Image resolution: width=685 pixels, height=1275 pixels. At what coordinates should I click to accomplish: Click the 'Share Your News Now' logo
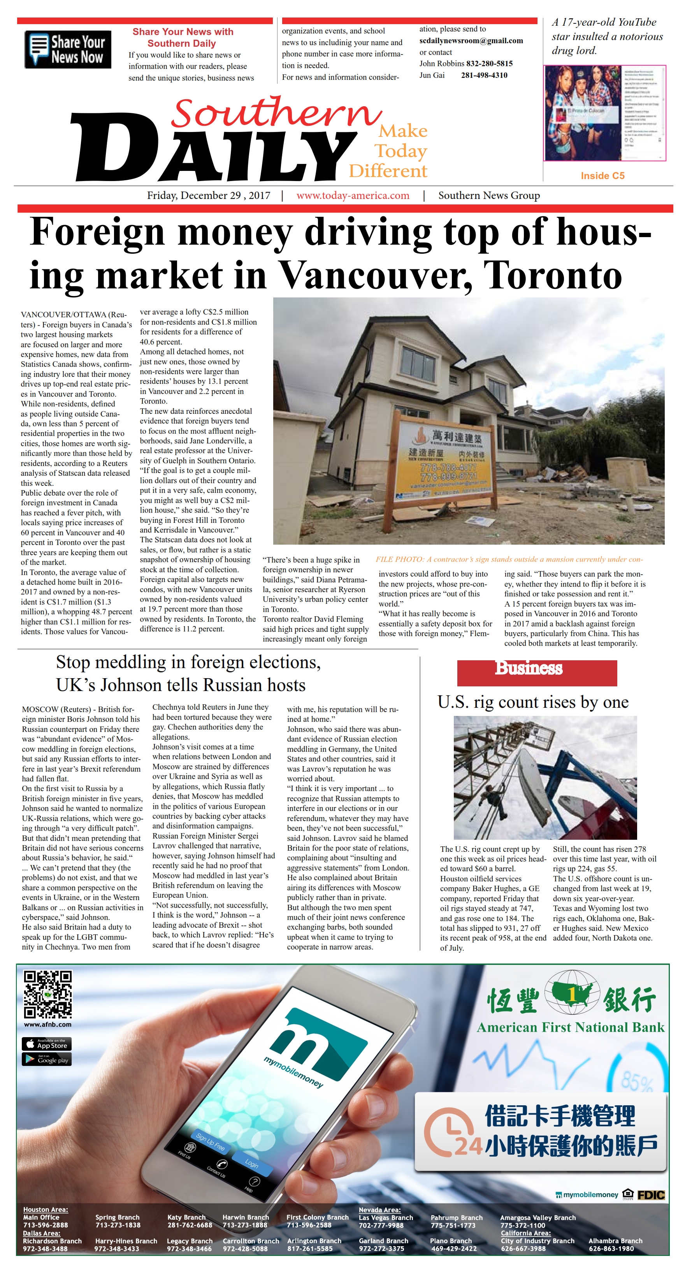(x=68, y=49)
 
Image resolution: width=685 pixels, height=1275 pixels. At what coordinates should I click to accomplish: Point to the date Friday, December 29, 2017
(x=208, y=195)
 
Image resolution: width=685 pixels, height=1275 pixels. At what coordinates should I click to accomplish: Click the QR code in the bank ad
(x=47, y=995)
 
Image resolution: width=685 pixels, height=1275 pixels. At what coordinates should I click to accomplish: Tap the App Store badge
(x=47, y=1045)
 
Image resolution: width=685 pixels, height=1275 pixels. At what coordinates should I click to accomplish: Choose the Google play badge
(x=47, y=1060)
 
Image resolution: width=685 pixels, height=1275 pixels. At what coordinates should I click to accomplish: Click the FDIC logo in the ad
(x=650, y=1195)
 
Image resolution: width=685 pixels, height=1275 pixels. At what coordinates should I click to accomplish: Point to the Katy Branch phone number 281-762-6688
(x=190, y=1225)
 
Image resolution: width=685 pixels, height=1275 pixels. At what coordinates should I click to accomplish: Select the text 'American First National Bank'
(x=570, y=1027)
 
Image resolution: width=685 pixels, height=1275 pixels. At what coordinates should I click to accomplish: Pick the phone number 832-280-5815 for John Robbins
(x=489, y=63)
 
